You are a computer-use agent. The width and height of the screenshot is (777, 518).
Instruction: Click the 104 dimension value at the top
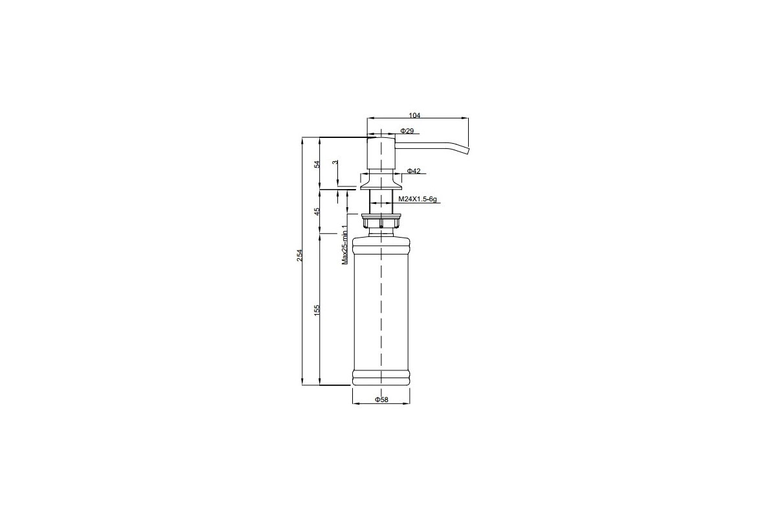(414, 115)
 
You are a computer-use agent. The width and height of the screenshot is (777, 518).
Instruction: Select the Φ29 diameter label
(407, 131)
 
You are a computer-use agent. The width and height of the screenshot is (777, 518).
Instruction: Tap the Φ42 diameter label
(414, 171)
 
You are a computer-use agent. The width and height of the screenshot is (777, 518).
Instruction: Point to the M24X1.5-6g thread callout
(417, 199)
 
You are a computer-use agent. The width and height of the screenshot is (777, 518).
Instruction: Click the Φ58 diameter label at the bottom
(381, 400)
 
